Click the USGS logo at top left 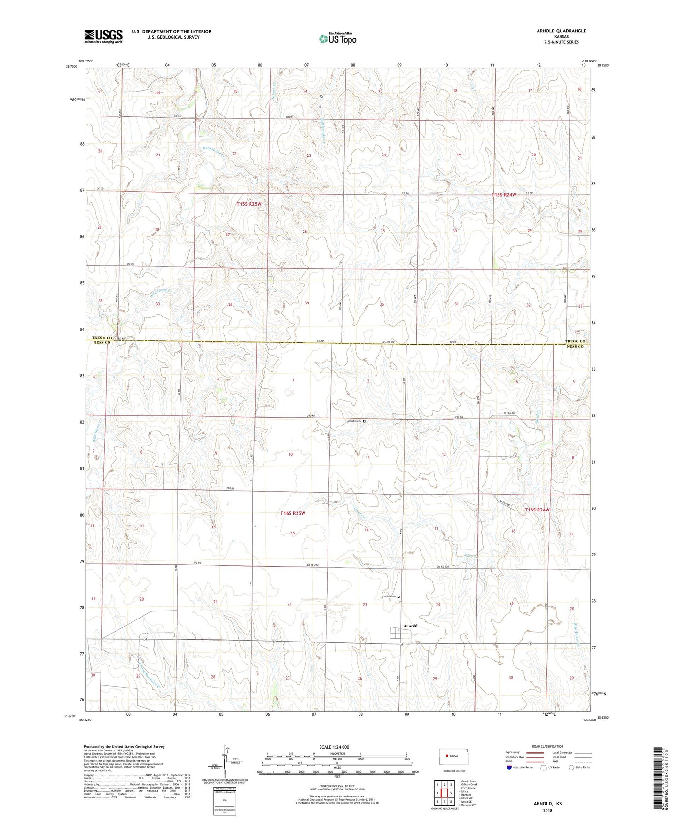tap(103, 36)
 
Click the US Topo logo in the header tap(337, 39)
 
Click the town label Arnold tap(410, 626)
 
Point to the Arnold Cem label tap(388, 596)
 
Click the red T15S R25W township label tap(249, 204)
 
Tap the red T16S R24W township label tap(537, 510)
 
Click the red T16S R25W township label tap(293, 513)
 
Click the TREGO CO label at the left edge tap(101, 338)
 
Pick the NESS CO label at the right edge tap(575, 347)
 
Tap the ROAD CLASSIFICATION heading tap(547, 746)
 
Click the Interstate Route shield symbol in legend tap(510, 767)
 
